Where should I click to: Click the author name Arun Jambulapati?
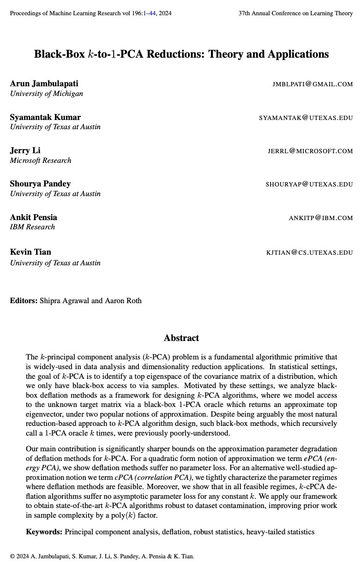tap(44, 84)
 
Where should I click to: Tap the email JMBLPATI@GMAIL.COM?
tap(312, 84)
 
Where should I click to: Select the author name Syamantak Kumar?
tap(45, 117)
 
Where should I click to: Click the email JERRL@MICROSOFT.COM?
tap(310, 151)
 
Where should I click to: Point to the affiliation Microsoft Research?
tap(41, 161)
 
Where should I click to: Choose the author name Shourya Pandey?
tap(40, 184)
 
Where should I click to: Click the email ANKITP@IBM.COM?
tap(320, 218)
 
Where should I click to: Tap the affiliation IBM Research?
tap(32, 227)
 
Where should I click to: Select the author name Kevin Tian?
tap(30, 252)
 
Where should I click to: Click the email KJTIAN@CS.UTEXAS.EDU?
tap(309, 252)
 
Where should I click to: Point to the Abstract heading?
tap(181, 338)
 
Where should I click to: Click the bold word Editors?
tap(24, 301)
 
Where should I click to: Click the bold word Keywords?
tap(44, 532)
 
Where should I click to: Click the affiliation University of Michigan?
tap(47, 94)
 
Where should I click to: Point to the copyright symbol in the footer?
tap(12, 556)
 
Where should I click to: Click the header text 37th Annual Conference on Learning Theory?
tap(295, 13)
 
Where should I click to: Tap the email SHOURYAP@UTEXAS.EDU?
tap(309, 184)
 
